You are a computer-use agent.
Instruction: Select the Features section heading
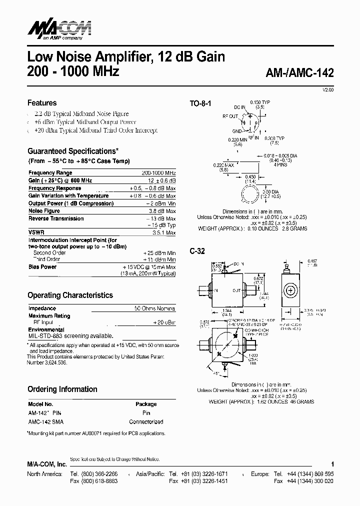(42, 103)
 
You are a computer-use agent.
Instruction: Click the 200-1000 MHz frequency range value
(158, 172)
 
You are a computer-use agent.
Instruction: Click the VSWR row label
(36, 232)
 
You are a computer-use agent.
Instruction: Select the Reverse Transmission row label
(56, 218)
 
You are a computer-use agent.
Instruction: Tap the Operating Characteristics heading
(70, 295)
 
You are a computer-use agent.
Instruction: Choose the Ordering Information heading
(62, 389)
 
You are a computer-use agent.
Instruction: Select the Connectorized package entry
(146, 421)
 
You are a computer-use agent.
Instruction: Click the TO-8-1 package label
(200, 104)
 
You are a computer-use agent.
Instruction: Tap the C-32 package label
(197, 251)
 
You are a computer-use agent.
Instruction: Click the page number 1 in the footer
(332, 464)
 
